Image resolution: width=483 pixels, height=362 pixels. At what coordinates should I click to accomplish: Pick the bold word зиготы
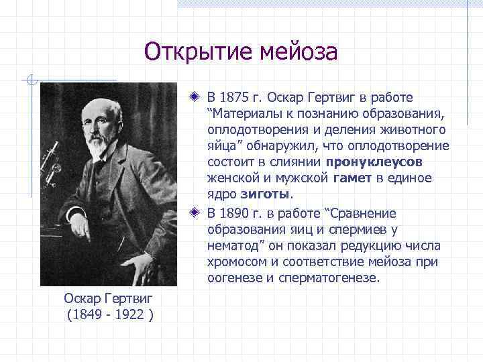tap(266, 194)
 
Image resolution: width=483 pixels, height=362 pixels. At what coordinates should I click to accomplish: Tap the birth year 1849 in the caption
tap(87, 315)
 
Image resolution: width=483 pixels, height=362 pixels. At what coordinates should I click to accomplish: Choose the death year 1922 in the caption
tap(129, 315)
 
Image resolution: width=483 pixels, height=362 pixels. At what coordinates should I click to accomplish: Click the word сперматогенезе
tap(335, 278)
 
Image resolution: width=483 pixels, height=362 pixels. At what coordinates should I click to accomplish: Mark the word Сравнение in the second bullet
tap(367, 213)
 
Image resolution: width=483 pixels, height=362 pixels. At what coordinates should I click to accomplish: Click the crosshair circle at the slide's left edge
tap(30, 81)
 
